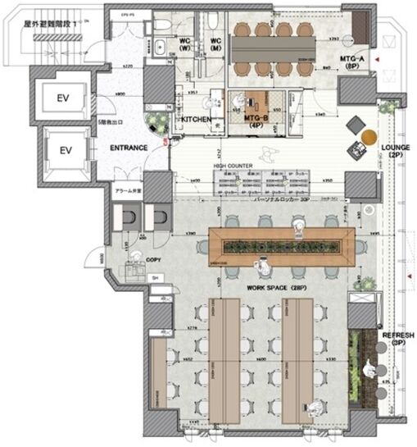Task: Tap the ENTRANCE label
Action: coord(128,148)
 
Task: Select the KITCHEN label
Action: coord(196,120)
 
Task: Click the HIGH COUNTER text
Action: coord(233,166)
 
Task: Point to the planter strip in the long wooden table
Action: coord(281,245)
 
